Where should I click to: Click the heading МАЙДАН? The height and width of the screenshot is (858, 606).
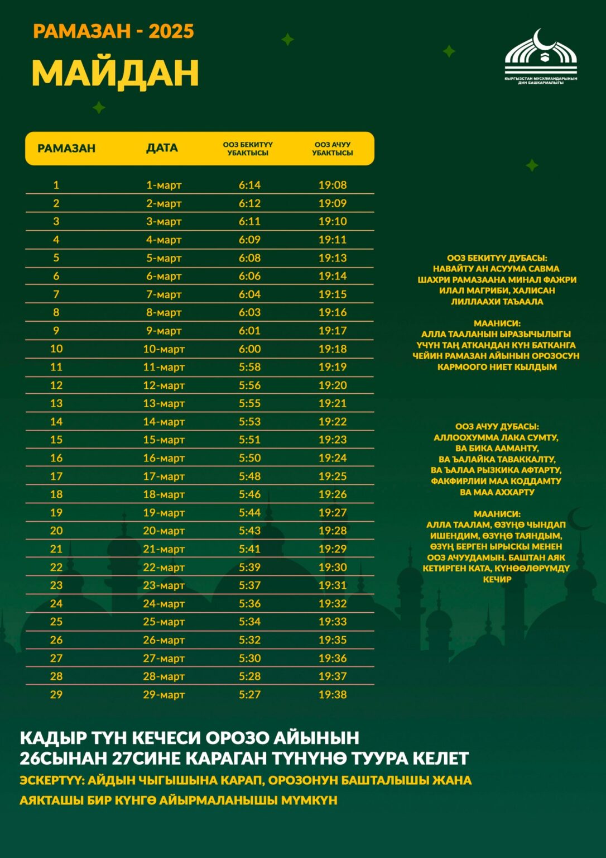click(x=115, y=73)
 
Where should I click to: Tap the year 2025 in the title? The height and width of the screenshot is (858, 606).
click(x=171, y=31)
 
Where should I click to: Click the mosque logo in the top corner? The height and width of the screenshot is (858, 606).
click(x=540, y=56)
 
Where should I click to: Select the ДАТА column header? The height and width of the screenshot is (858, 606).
click(x=162, y=148)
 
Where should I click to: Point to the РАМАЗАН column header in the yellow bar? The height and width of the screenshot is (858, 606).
click(x=66, y=149)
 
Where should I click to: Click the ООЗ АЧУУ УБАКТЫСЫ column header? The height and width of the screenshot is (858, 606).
click(x=333, y=149)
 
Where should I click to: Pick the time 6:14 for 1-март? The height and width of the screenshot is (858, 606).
click(x=249, y=185)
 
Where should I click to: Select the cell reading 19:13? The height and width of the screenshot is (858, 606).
click(x=333, y=258)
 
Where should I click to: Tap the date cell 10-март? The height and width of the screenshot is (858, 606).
click(x=163, y=349)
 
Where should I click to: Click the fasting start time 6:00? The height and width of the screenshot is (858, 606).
click(x=249, y=349)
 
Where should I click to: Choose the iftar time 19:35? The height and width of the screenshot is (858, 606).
click(x=333, y=640)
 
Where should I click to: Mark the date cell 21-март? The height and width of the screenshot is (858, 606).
click(x=163, y=549)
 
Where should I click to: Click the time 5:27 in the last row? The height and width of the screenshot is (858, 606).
click(x=249, y=695)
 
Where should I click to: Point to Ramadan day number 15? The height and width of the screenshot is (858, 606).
click(x=56, y=440)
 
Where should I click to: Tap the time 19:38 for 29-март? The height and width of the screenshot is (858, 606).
click(x=333, y=695)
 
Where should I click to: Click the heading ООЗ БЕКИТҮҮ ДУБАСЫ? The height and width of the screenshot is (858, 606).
click(x=497, y=258)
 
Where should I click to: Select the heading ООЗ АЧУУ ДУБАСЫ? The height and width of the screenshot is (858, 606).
click(x=497, y=427)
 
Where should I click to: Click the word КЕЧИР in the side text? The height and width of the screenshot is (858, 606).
click(x=497, y=580)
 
